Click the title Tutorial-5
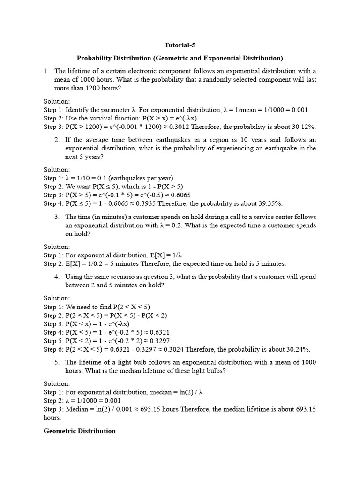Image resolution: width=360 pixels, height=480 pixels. coord(180,45)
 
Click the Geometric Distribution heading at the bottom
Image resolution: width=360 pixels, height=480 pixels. coord(80,431)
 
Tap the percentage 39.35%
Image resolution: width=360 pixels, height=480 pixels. coord(271,203)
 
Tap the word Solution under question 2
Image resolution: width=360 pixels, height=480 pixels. coord(57,170)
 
